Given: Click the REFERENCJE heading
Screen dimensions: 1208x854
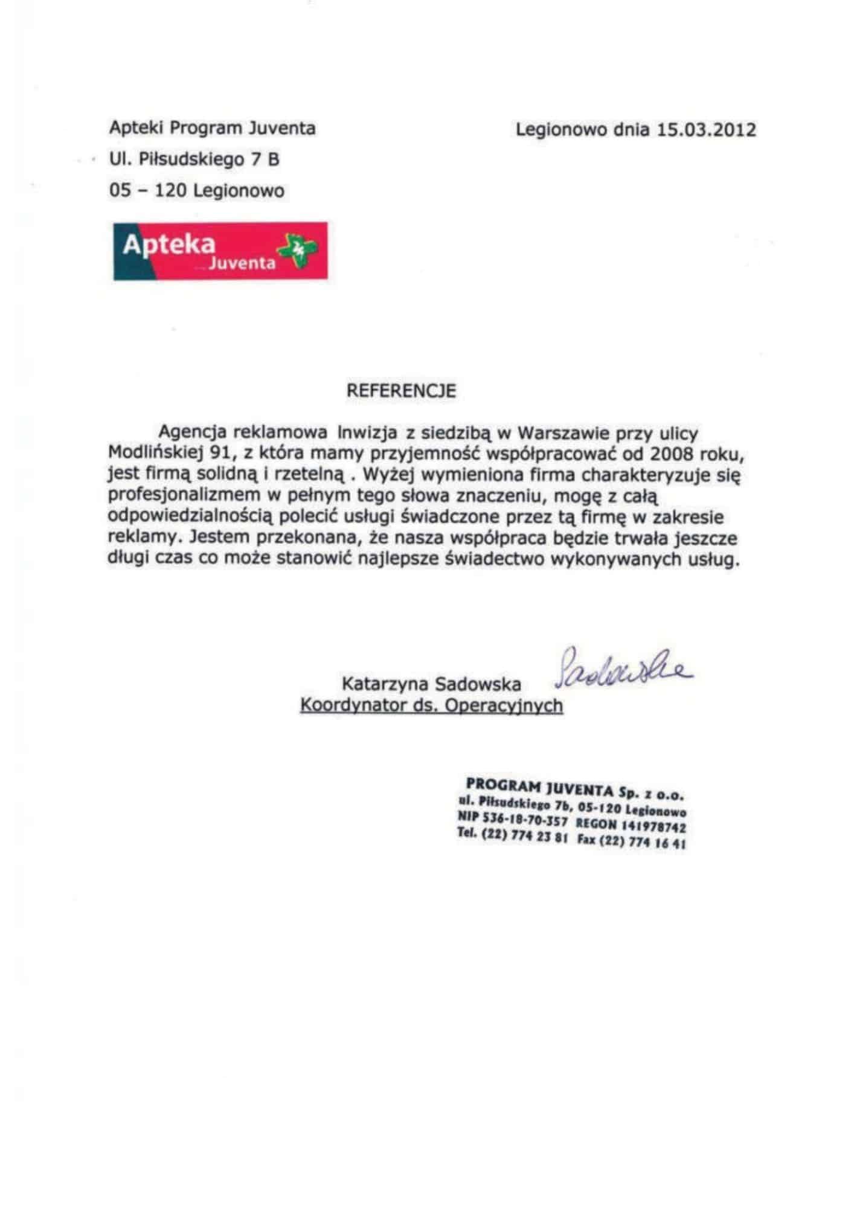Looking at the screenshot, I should click(x=401, y=391).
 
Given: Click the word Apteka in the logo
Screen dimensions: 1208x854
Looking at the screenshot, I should click(x=169, y=245).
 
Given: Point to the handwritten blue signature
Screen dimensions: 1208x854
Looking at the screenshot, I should click(x=622, y=671).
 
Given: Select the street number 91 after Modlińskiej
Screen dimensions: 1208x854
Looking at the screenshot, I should click(x=217, y=454).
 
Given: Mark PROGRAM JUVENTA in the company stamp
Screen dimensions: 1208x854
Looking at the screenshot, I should click(x=538, y=785).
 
